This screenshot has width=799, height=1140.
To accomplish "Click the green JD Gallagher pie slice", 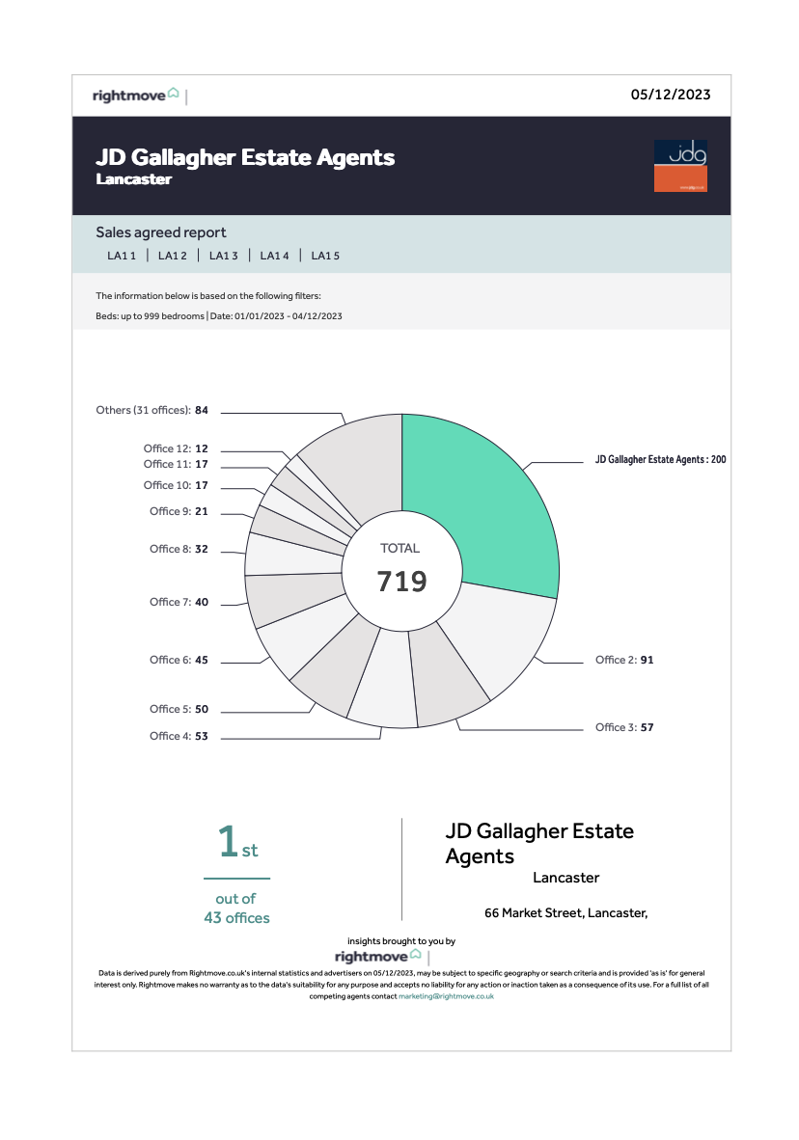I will [478, 511].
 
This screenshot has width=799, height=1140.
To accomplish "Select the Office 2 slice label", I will [624, 660].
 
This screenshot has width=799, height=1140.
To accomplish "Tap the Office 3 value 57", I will [647, 727].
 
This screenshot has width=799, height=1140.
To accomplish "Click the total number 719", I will [400, 582].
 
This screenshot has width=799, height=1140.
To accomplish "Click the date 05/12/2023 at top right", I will [671, 95].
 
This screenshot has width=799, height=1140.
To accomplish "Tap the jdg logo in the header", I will [680, 166].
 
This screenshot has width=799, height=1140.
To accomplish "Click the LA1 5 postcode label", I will [325, 256].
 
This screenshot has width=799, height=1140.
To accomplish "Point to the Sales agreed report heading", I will [161, 232].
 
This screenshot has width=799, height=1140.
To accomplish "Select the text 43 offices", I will [236, 918].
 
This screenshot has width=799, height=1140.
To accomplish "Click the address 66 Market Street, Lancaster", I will [565, 912].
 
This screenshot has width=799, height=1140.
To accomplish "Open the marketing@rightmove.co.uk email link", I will [446, 996].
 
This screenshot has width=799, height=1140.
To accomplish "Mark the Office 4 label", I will [179, 736].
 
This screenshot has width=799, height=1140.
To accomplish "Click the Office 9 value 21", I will [202, 511].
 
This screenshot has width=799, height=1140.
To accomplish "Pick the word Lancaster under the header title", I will [134, 179].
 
